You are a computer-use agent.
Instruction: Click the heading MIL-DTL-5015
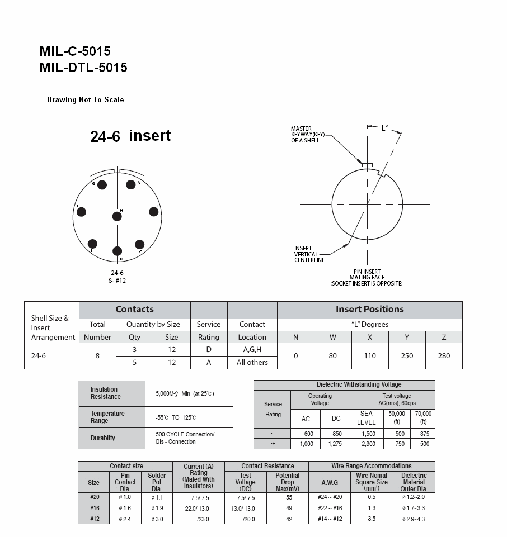[83, 68]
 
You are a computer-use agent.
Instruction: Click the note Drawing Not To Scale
[85, 100]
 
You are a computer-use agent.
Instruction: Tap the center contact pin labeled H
[116, 216]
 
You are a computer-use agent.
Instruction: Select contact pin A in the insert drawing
[131, 185]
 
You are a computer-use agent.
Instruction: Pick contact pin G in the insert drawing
[102, 185]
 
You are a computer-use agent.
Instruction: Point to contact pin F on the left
[82, 212]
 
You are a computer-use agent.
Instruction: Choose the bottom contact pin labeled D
[117, 251]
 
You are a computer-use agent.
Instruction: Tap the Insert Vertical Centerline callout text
[309, 254]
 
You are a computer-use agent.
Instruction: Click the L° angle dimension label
[384, 128]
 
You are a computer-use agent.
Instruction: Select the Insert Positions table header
[369, 310]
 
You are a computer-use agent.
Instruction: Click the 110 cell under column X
[370, 356]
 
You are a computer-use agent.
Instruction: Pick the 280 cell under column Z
[444, 356]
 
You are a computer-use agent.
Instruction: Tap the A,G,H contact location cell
[252, 350]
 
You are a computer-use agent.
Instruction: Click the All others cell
[252, 363]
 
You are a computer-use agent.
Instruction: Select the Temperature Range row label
[107, 417]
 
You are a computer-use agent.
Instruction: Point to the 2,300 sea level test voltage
[366, 444]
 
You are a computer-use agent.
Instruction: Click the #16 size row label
[94, 508]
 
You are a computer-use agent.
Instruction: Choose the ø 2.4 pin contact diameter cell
[125, 519]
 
